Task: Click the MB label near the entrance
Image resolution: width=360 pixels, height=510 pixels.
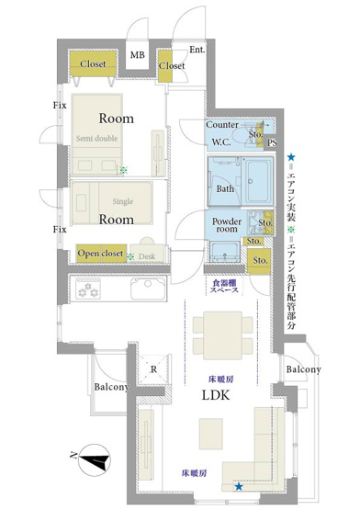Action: (138, 57)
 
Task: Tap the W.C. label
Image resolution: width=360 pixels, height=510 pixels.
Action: (220, 142)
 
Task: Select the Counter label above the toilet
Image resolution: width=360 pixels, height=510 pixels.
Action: (222, 125)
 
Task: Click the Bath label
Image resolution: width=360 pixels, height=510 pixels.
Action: (225, 189)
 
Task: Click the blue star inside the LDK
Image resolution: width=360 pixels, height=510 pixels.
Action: (239, 487)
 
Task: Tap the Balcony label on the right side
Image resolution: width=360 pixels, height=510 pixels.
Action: (303, 369)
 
